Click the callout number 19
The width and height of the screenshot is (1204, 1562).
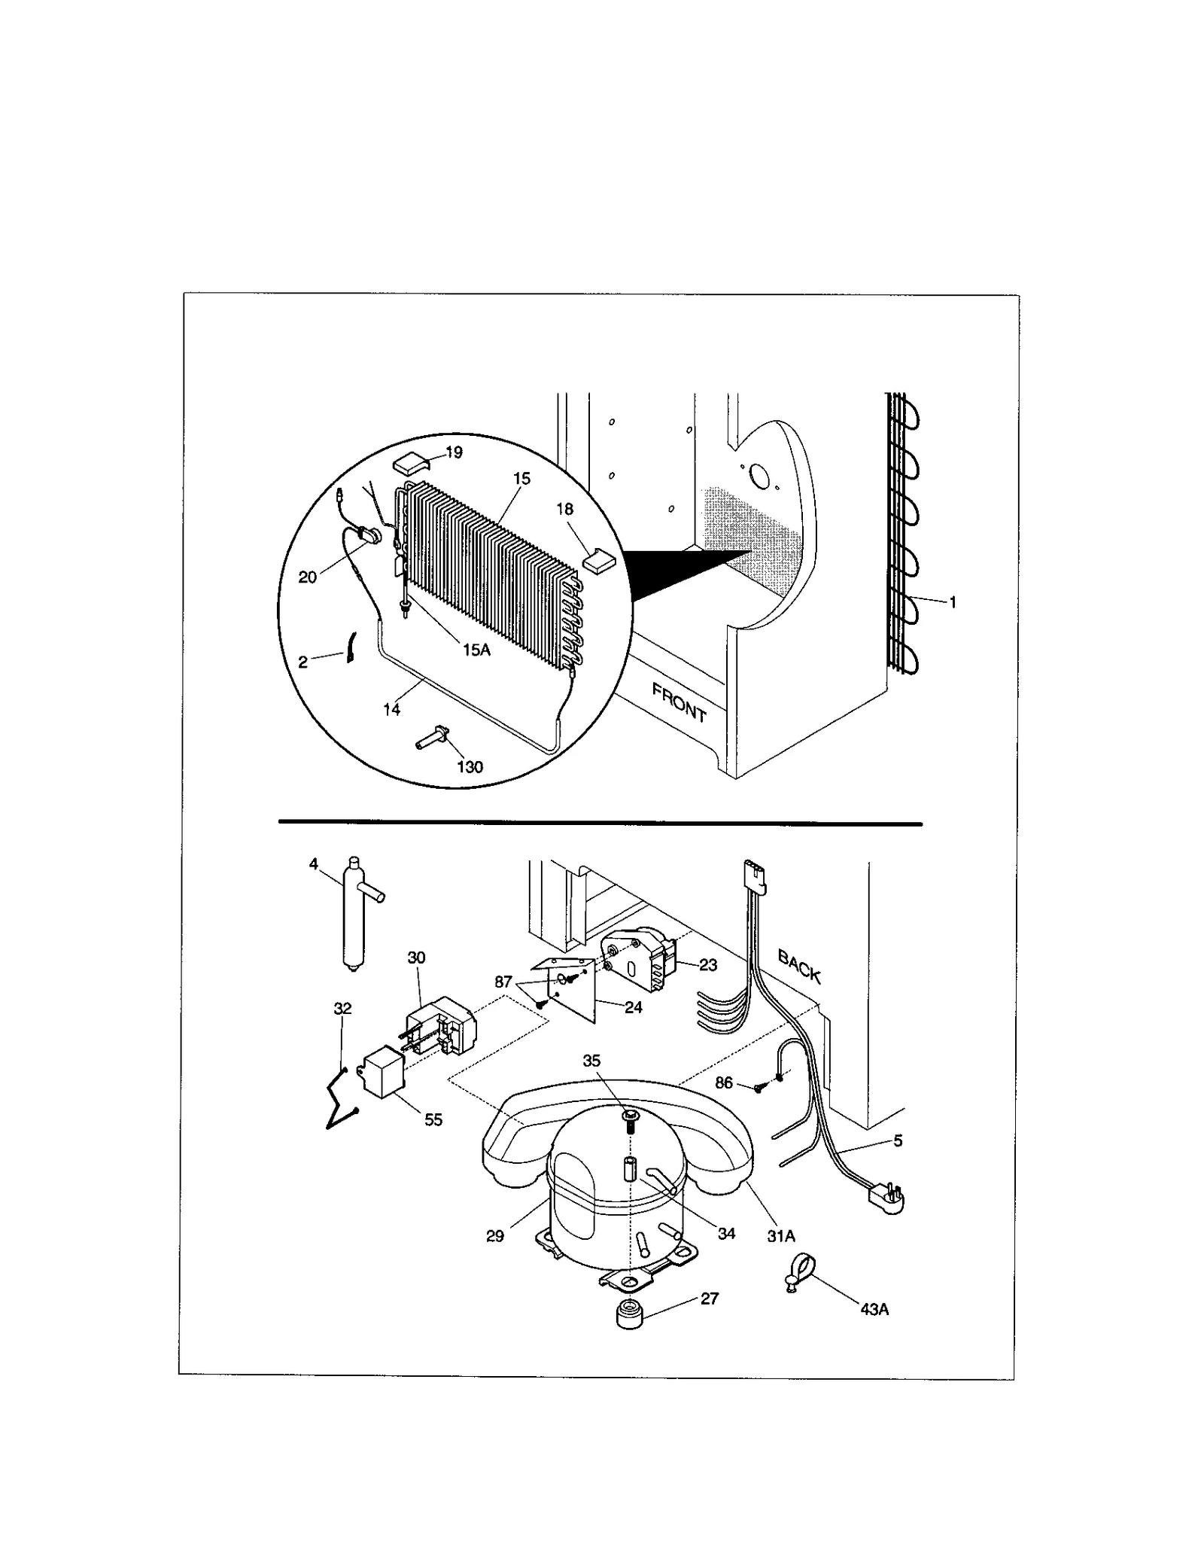(x=454, y=452)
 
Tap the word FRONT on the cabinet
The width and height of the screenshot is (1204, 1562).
(x=679, y=702)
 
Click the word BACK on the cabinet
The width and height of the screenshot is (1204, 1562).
(x=798, y=967)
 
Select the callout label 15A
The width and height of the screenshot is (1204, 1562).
(x=476, y=650)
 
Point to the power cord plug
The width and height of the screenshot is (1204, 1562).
(x=886, y=1196)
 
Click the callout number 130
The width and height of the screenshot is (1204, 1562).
(x=470, y=767)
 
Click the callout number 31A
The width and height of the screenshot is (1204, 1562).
(x=781, y=1236)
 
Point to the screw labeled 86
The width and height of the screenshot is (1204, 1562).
(x=758, y=1087)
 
